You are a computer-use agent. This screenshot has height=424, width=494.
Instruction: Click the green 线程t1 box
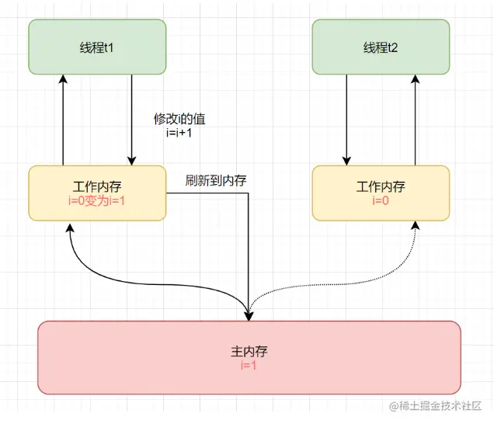pos(97,47)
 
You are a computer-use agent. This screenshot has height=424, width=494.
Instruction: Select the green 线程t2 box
pos(381,47)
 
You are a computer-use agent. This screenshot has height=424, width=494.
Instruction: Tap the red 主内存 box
pos(249,357)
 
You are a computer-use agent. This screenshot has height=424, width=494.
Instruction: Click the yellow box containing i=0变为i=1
pos(97,193)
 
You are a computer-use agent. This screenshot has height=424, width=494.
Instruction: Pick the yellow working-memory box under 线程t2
pos(381,193)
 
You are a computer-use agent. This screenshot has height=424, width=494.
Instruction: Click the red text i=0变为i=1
pos(97,200)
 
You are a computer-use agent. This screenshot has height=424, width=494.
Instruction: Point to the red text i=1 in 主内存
pos(249,364)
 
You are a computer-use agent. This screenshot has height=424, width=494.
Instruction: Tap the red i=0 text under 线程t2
pos(381,200)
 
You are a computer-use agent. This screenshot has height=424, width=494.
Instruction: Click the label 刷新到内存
pos(216,180)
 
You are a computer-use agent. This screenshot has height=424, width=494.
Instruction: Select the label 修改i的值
pos(179,120)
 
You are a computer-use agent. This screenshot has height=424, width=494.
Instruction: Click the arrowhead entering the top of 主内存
pos(249,315)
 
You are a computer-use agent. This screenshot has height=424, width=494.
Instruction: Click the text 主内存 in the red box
pos(249,351)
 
